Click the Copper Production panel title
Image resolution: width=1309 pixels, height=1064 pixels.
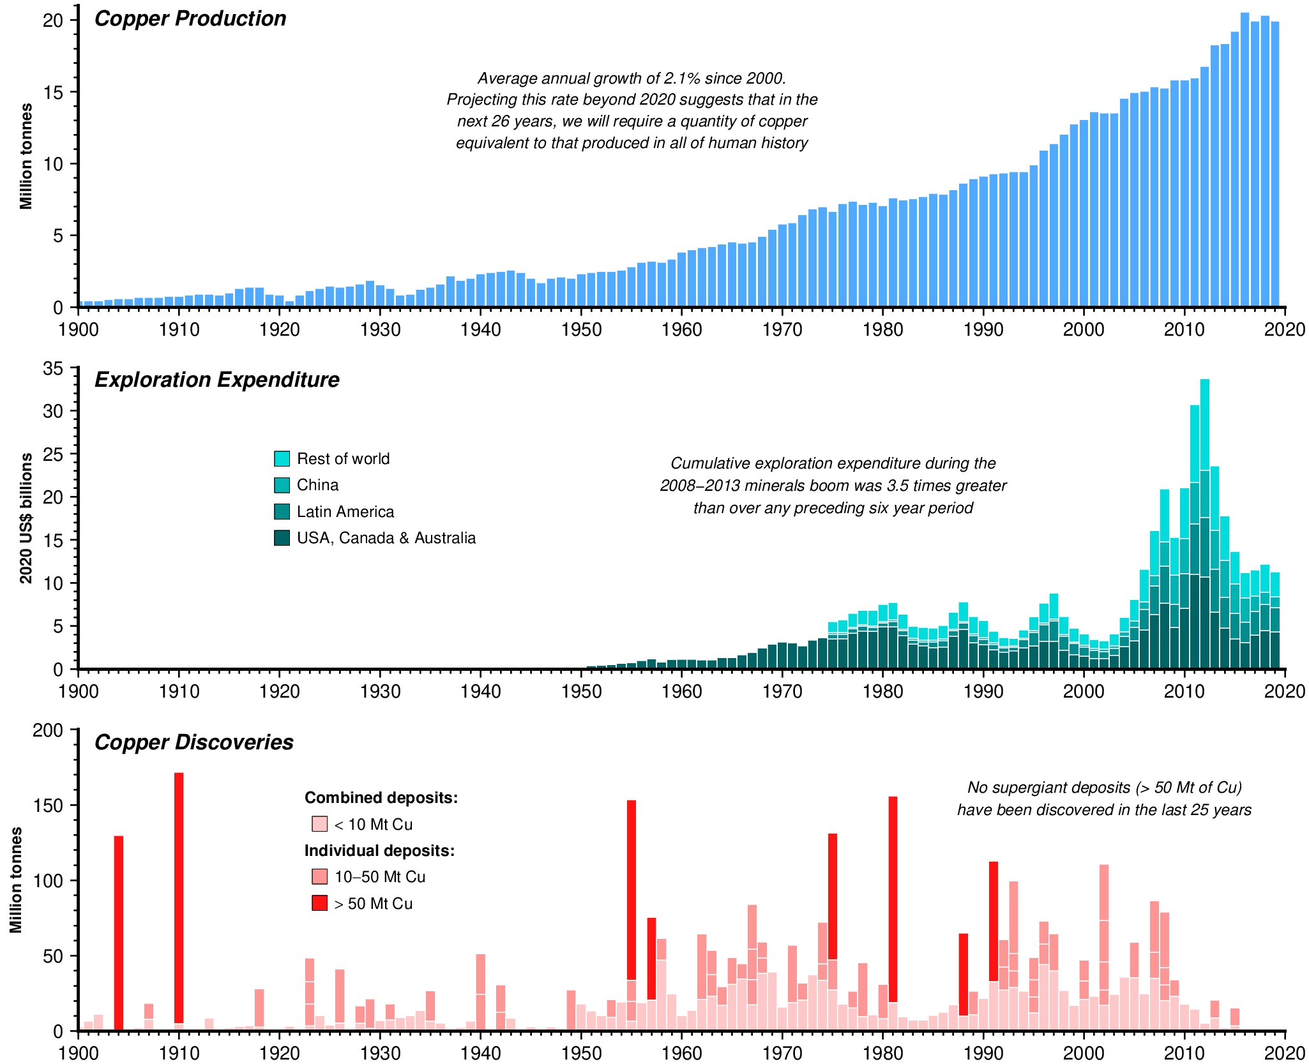point(190,19)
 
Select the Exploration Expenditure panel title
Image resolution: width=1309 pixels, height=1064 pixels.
point(216,380)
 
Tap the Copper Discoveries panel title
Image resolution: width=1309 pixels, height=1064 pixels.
point(193,742)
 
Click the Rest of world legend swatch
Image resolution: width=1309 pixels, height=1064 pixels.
point(282,458)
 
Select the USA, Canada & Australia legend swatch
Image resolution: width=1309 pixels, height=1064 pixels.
point(282,538)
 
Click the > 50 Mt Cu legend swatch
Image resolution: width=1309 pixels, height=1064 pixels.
point(319,903)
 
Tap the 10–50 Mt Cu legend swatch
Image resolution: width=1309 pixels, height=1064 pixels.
point(319,876)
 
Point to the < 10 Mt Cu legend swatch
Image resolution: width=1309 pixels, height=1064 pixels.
point(319,824)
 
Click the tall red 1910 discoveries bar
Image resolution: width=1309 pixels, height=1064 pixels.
point(179,894)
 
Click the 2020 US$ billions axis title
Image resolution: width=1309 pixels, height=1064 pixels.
point(26,518)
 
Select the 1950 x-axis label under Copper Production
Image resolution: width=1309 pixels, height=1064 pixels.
point(581,330)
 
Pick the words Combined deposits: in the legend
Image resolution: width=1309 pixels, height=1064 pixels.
point(381,798)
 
